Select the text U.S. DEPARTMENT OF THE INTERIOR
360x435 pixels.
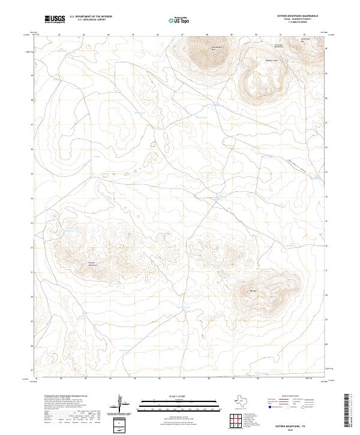point(91,17)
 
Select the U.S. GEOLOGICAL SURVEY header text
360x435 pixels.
point(91,20)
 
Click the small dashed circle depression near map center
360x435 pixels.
point(153,144)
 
